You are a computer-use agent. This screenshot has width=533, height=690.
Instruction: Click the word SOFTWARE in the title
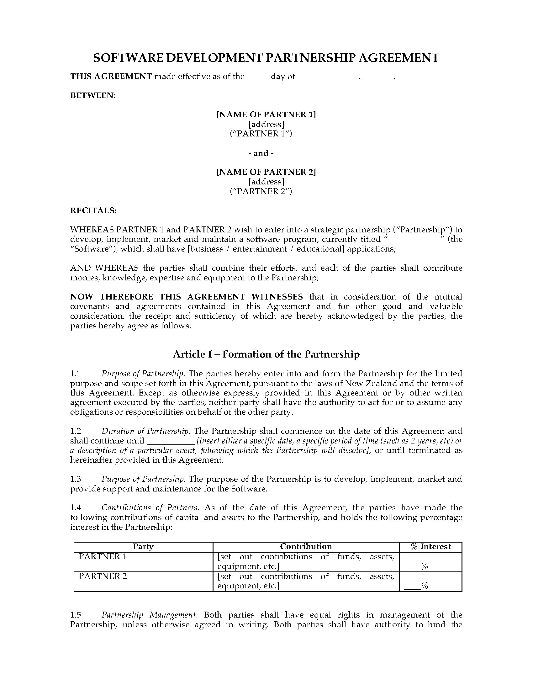pyautogui.click(x=128, y=58)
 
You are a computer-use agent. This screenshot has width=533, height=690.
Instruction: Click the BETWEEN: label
pyautogui.click(x=93, y=95)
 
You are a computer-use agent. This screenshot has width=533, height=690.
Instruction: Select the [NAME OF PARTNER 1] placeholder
pyautogui.click(x=266, y=114)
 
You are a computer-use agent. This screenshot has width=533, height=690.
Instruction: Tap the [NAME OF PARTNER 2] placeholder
pyautogui.click(x=266, y=172)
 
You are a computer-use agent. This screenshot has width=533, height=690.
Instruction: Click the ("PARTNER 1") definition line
pyautogui.click(x=261, y=134)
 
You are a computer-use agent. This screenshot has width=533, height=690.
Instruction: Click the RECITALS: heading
pyautogui.click(x=93, y=210)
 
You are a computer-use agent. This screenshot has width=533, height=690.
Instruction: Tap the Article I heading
pyautogui.click(x=266, y=354)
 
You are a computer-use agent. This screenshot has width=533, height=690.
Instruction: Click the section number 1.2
pyautogui.click(x=76, y=431)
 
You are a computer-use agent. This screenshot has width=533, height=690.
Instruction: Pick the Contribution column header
pyautogui.click(x=306, y=546)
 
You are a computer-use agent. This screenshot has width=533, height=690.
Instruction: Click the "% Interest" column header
pyautogui.click(x=431, y=546)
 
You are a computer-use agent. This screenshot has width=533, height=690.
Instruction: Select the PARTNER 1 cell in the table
pyautogui.click(x=103, y=556)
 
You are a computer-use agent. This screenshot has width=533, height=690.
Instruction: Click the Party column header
pyautogui.click(x=143, y=546)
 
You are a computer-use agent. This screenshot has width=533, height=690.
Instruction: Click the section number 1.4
pyautogui.click(x=76, y=507)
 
